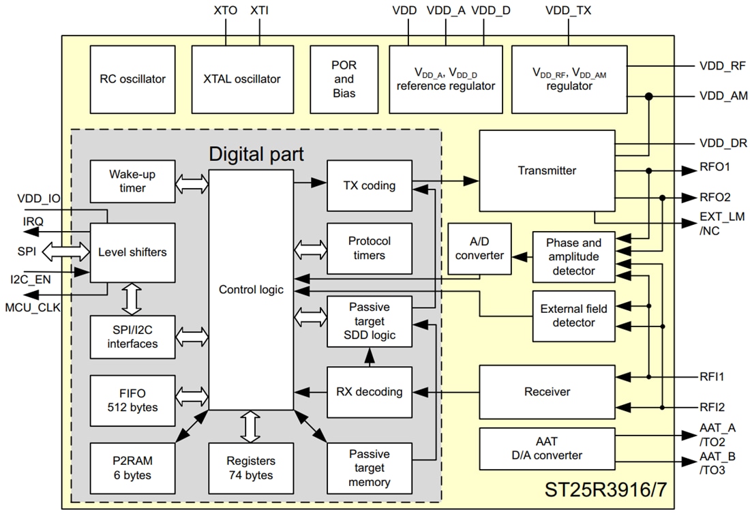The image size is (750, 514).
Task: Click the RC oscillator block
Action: point(132,79)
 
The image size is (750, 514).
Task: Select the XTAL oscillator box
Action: point(242,79)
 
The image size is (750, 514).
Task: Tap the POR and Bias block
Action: point(344,79)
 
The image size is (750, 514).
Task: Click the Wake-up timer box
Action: point(132,181)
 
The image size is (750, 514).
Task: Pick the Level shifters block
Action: point(132,252)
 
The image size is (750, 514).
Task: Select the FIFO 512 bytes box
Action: point(132,400)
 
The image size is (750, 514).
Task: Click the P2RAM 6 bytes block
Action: point(132,468)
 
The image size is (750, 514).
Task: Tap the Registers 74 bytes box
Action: point(251,468)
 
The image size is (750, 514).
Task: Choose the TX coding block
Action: point(370,185)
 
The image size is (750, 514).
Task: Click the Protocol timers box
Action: point(370,248)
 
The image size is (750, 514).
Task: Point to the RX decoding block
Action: point(370,392)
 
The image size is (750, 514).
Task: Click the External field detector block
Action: point(573,316)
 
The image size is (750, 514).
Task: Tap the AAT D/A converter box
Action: point(546,449)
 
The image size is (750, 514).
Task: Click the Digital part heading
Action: point(256,153)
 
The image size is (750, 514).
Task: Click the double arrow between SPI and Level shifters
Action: point(66,252)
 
